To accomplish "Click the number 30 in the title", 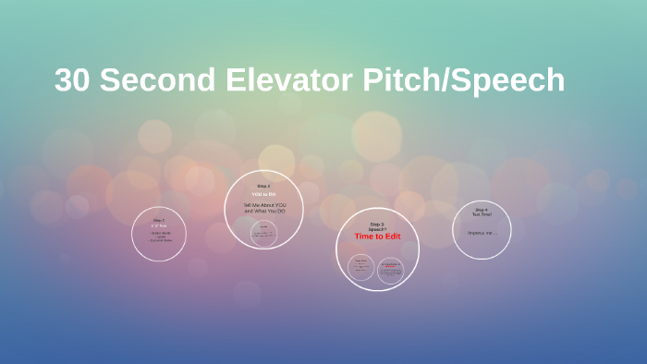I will pos(72,80).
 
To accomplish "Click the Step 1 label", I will pos(159,220).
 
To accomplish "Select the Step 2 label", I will pos(263,186).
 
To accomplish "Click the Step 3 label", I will pos(377,224).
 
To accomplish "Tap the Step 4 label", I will pos(482,209).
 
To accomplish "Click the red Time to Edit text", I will pos(377,237).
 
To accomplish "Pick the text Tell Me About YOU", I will pos(263,205).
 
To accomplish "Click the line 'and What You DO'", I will pos(263,212).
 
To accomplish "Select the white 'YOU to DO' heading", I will pos(263,194).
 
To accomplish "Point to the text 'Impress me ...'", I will pos(482,233).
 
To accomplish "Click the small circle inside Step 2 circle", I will pos(264,233).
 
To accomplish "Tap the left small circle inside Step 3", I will pos(361,268).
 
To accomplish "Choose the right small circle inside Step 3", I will pos(391,269).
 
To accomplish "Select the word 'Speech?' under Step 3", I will pos(377,229).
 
